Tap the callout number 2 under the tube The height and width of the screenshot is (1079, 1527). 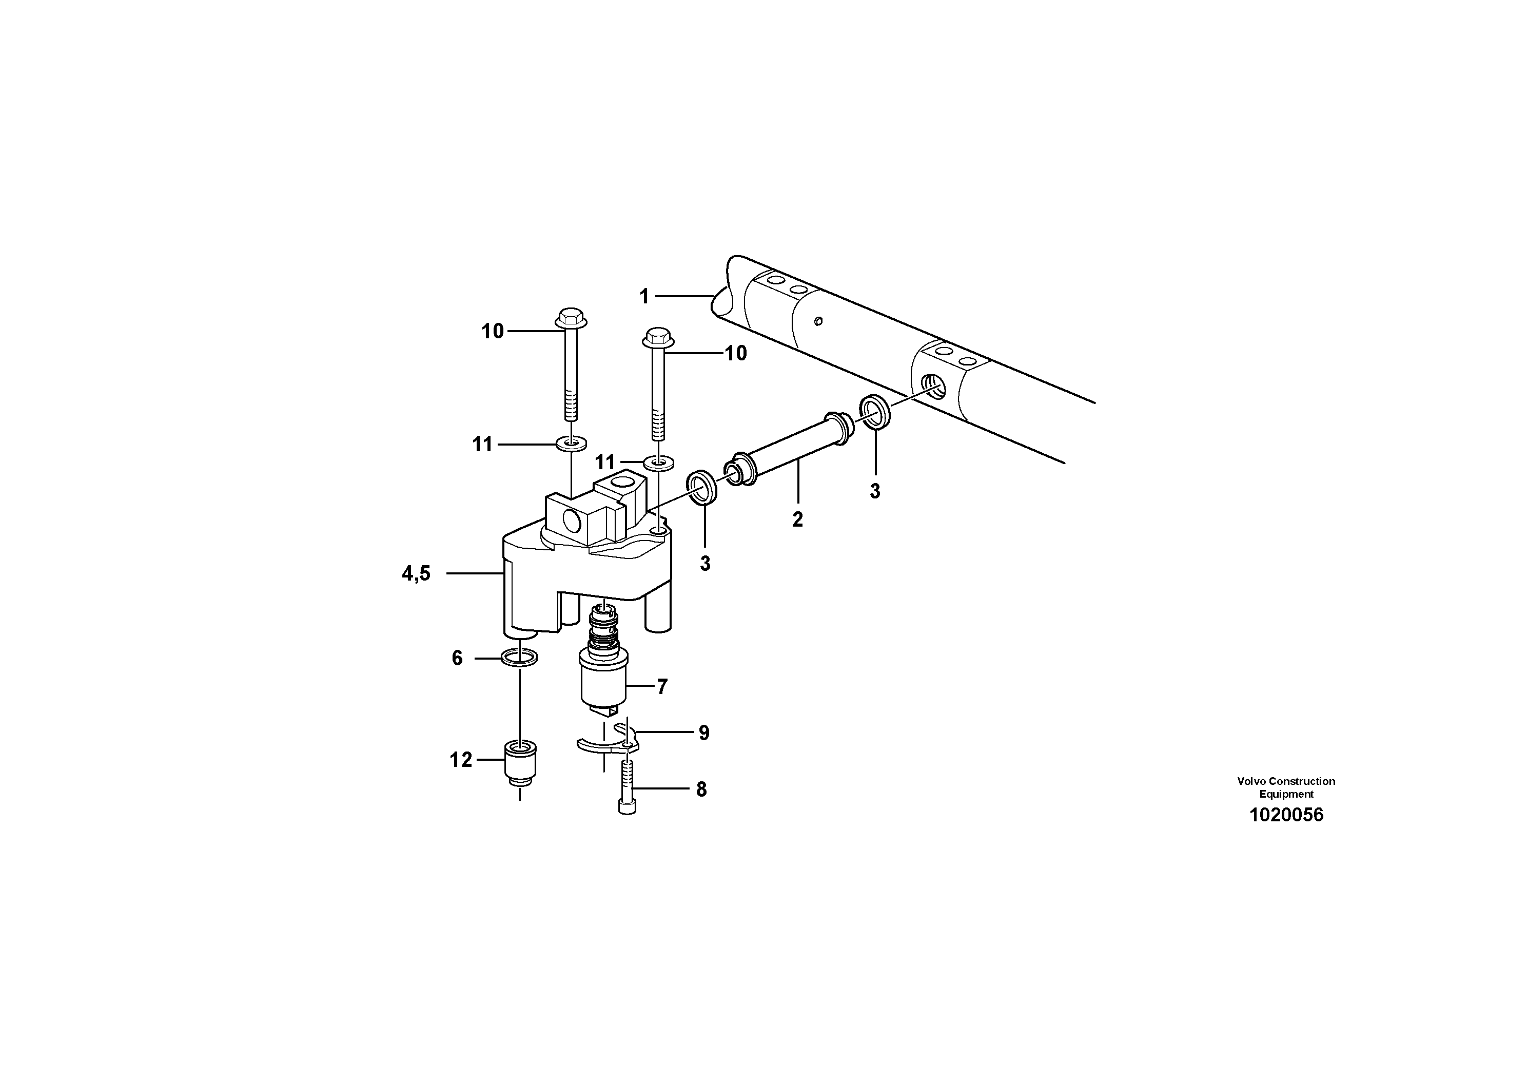click(x=797, y=519)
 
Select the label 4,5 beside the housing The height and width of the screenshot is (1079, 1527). click(x=416, y=573)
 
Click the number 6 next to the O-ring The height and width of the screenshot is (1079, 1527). click(x=457, y=659)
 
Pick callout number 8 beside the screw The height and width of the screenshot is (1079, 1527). click(x=701, y=789)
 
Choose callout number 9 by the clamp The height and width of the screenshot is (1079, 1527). click(x=703, y=733)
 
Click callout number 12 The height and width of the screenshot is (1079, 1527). click(x=460, y=760)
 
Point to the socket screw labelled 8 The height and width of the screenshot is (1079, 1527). click(x=627, y=788)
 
